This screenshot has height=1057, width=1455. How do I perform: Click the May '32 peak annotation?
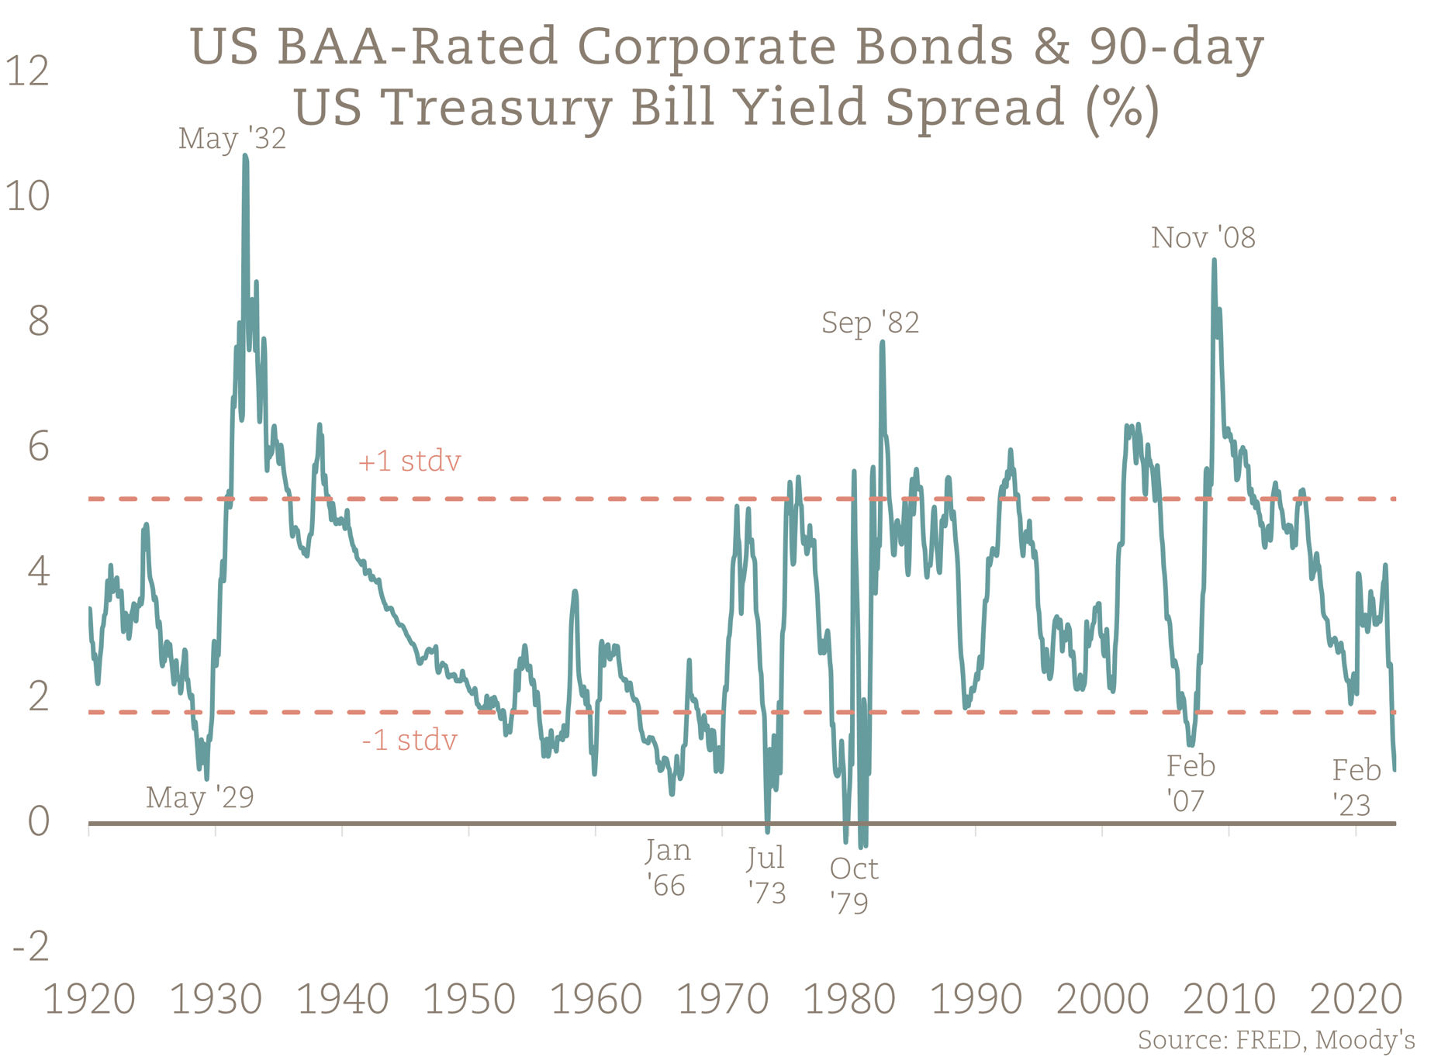pyautogui.click(x=232, y=139)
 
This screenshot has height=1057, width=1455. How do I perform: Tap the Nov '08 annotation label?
pyautogui.click(x=1203, y=237)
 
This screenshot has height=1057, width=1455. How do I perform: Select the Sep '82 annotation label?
pyautogui.click(x=870, y=322)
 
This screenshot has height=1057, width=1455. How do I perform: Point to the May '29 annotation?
pyautogui.click(x=200, y=797)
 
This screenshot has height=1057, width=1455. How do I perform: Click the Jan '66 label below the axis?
pyautogui.click(x=667, y=868)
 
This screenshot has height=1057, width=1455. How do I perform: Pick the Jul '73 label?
pyautogui.click(x=766, y=876)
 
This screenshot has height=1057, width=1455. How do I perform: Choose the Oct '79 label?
pyautogui.click(x=853, y=886)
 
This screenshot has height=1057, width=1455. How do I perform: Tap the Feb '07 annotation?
pyautogui.click(x=1191, y=783)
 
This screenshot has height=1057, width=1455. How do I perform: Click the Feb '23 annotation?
pyautogui.click(x=1356, y=787)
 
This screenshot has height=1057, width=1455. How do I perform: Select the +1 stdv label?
pyautogui.click(x=409, y=461)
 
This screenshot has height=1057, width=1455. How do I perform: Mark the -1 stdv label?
pyautogui.click(x=409, y=740)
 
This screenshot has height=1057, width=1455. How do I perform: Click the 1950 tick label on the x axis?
pyautogui.click(x=469, y=1000)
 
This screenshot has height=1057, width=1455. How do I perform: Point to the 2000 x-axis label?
pyautogui.click(x=1102, y=1000)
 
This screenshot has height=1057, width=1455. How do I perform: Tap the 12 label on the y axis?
pyautogui.click(x=28, y=71)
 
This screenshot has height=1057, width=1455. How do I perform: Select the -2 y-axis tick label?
pyautogui.click(x=31, y=947)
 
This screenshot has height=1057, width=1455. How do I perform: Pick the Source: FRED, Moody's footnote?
pyautogui.click(x=1276, y=1039)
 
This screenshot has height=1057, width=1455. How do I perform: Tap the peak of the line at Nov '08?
pyautogui.click(x=1214, y=261)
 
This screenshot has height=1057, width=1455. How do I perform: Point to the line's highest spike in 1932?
pyautogui.click(x=245, y=157)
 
